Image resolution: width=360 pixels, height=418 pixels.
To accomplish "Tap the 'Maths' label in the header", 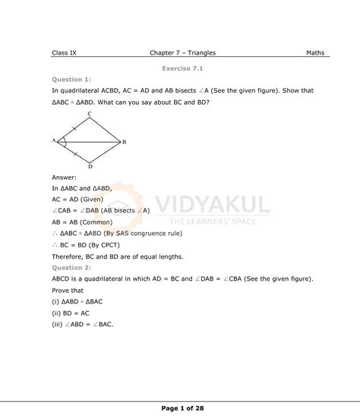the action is (x=315, y=53).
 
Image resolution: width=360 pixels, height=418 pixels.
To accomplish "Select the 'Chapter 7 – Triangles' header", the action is (x=183, y=53).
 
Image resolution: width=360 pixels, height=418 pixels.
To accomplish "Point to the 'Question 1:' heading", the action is (x=71, y=79).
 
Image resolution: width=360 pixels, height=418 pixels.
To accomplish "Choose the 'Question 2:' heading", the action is (x=71, y=268).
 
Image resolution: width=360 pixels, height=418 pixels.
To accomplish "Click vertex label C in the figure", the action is (x=90, y=115).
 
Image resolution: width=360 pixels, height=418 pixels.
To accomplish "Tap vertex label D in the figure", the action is (x=90, y=166).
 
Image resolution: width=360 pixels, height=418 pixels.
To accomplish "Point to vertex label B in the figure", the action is (x=124, y=142).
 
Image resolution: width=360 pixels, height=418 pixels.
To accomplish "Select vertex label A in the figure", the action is (x=54, y=140).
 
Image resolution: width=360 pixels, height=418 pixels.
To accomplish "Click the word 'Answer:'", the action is (x=64, y=177).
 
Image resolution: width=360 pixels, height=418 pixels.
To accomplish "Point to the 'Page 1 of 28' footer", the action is (x=183, y=408).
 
